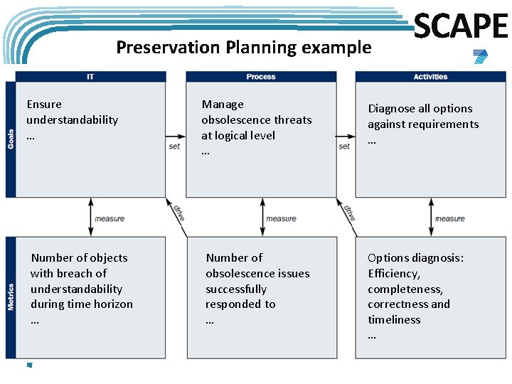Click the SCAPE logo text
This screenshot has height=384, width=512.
[x=461, y=26]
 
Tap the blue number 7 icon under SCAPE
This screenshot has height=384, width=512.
[x=481, y=58]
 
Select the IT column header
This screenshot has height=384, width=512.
[x=90, y=77]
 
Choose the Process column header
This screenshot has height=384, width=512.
[x=260, y=77]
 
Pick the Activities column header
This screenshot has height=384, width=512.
[x=430, y=77]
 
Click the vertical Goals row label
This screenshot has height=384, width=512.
[x=11, y=139]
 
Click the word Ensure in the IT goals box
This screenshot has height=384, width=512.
[x=44, y=105]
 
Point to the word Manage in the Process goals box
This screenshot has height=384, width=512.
[x=223, y=105]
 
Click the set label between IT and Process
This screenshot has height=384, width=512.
[x=175, y=146]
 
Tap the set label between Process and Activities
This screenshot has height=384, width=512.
[x=345, y=146]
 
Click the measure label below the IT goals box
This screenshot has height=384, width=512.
[x=110, y=218]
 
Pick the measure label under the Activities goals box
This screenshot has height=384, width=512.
[x=449, y=218]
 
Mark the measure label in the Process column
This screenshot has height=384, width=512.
[x=280, y=218]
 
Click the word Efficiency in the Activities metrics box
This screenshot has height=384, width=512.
[x=393, y=274]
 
